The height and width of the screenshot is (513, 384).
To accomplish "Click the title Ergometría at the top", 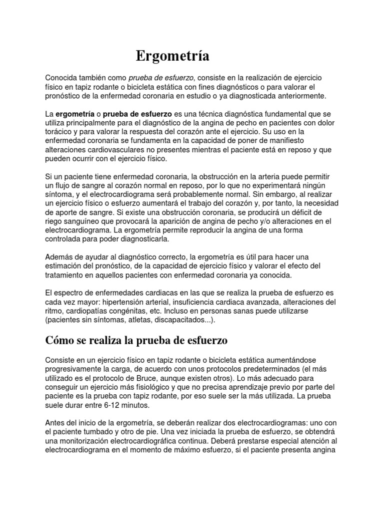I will point(172,56).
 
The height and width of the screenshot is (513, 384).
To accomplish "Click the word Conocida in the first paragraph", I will point(62,78).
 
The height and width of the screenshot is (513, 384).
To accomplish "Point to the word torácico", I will point(59,131).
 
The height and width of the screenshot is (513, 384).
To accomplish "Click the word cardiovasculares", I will point(116,149).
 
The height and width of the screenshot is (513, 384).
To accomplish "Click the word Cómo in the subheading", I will point(58,341).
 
